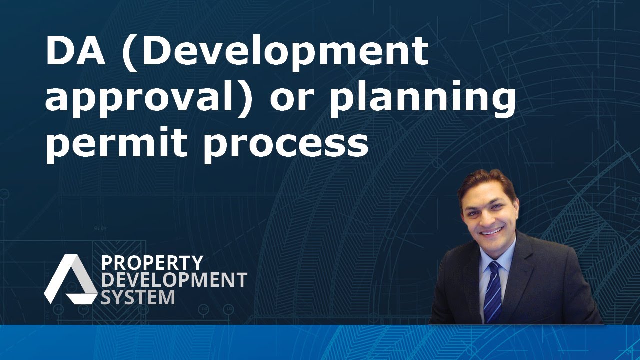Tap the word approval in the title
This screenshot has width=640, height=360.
tap(142, 99)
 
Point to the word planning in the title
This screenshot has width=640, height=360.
tap(422, 99)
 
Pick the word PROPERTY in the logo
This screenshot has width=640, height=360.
tap(152, 263)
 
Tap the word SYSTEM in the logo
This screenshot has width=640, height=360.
tap(138, 297)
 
